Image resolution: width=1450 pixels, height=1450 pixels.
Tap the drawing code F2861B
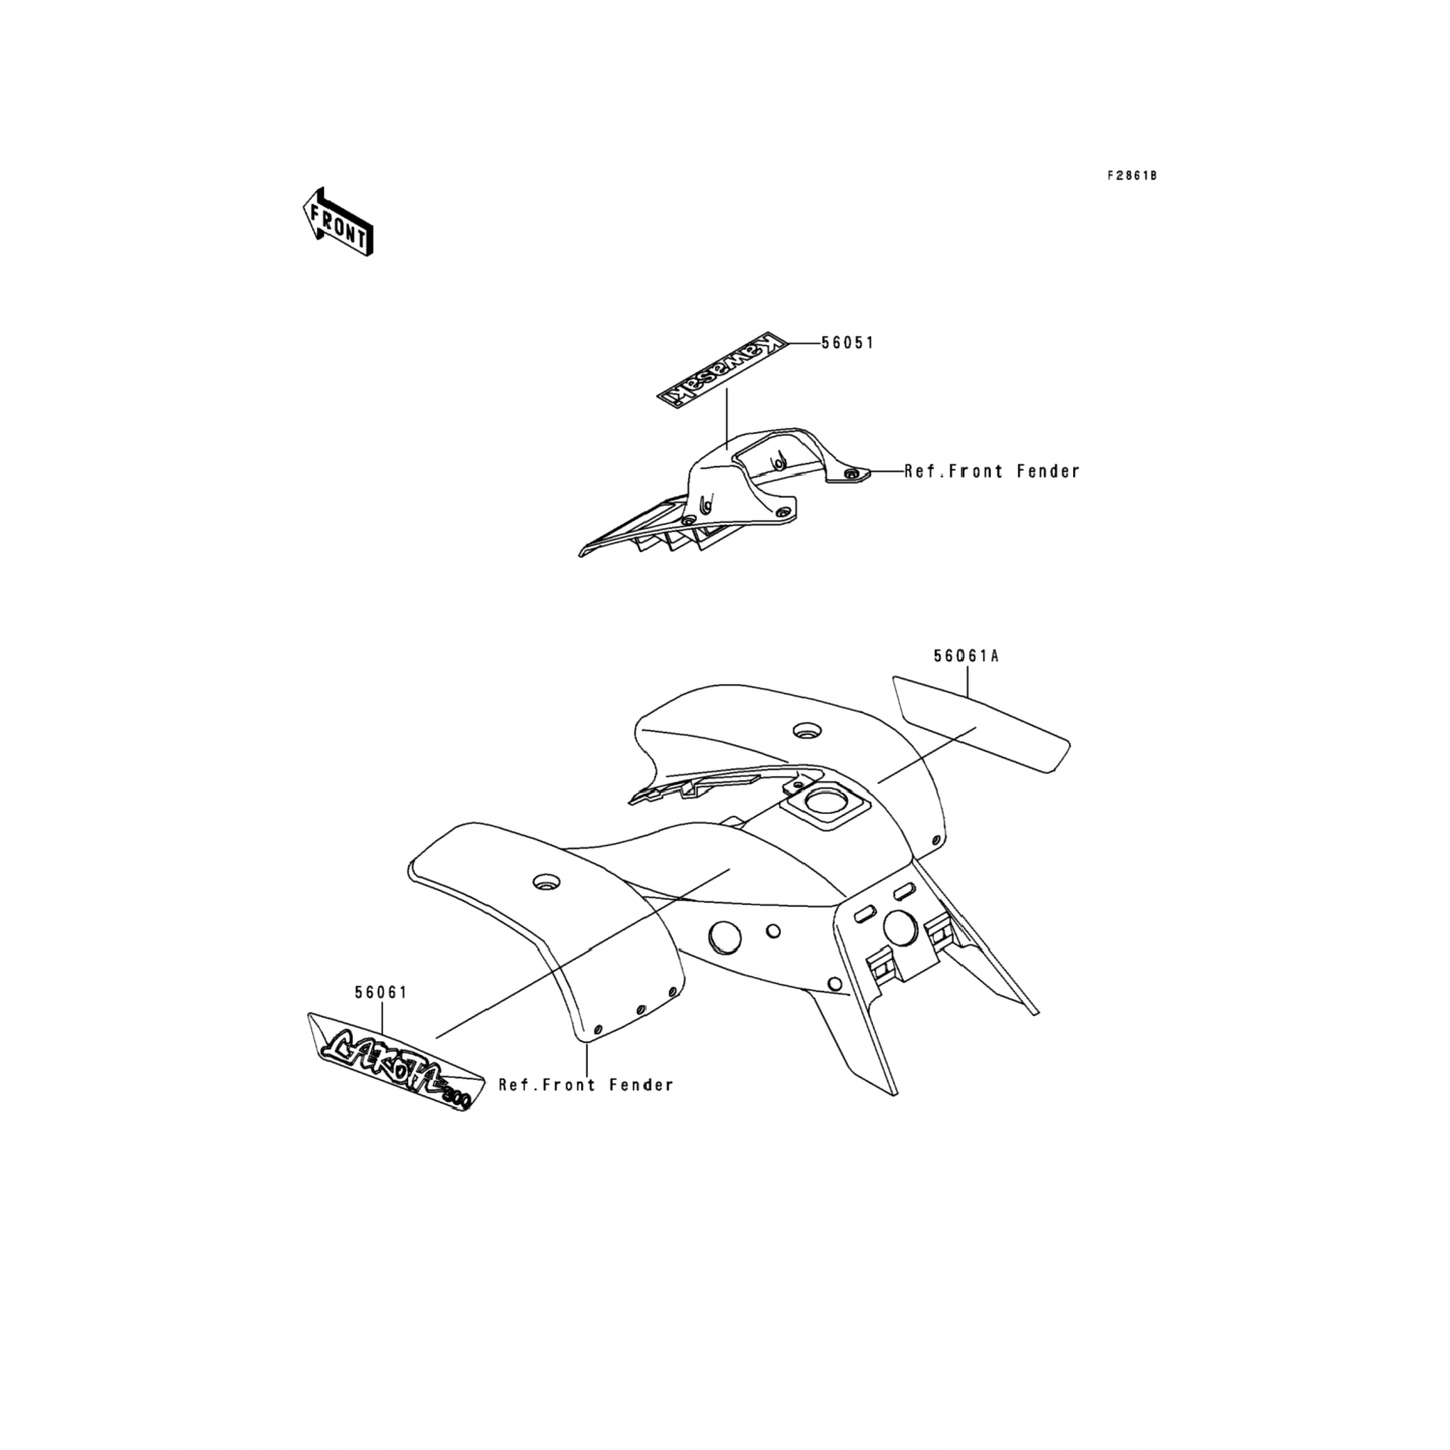(1132, 176)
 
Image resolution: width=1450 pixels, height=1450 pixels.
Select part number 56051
(847, 343)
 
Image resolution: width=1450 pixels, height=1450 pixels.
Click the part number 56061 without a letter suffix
(381, 993)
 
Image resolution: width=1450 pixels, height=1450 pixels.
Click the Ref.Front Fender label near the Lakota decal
(586, 1085)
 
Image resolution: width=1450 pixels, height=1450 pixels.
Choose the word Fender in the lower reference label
(641, 1085)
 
